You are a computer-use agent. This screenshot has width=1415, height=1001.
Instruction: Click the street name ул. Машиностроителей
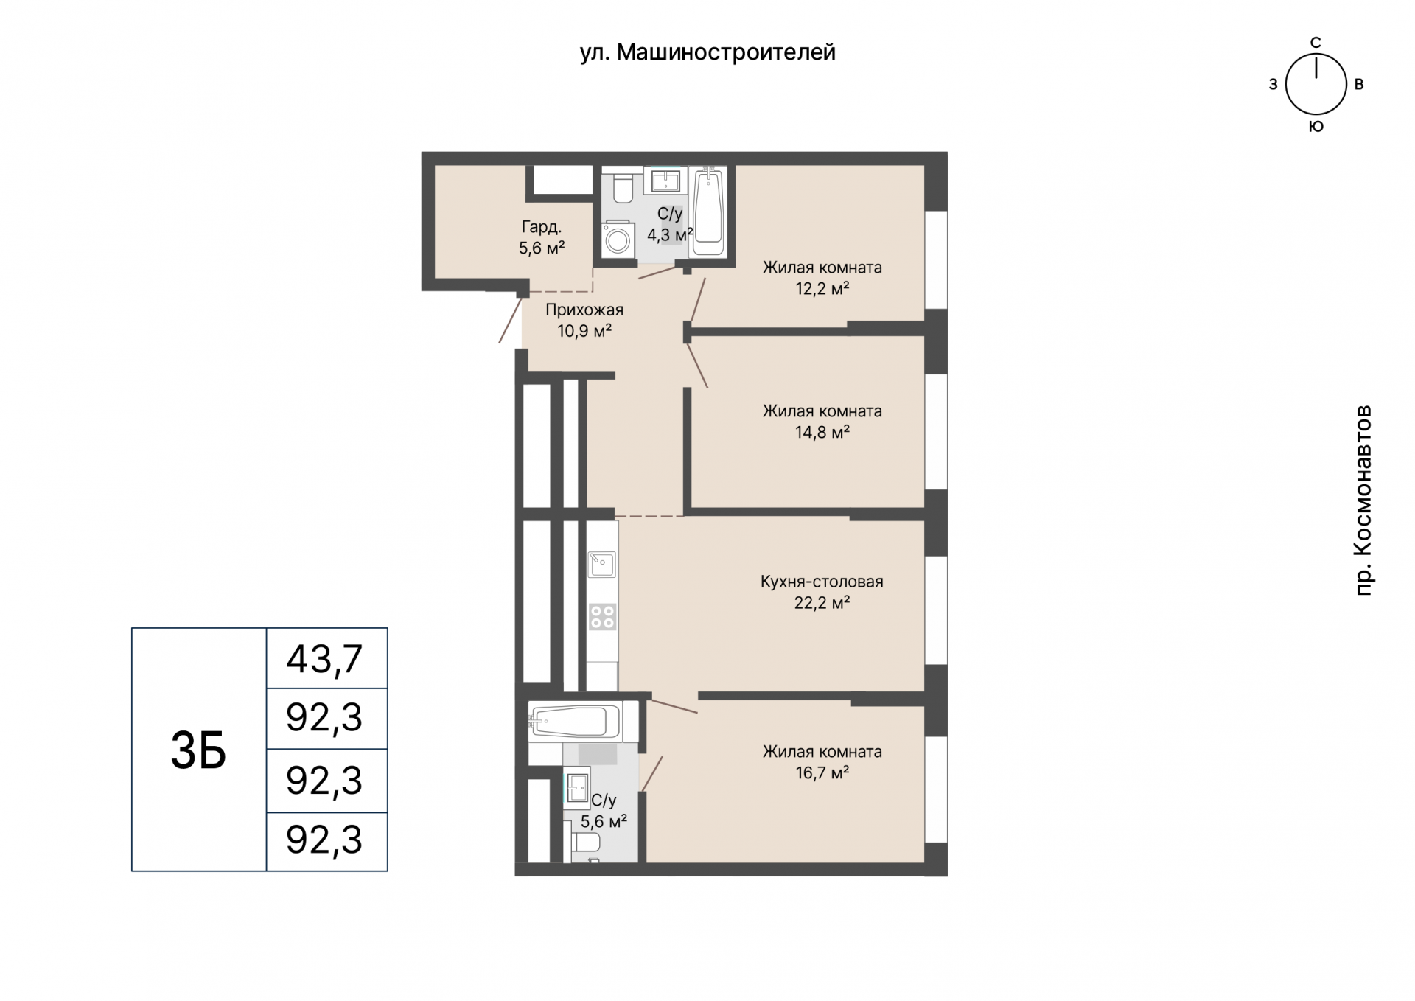tap(707, 52)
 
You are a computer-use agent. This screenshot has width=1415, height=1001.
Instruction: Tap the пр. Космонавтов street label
tap(1364, 500)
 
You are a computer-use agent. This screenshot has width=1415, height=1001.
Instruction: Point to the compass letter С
tap(1316, 43)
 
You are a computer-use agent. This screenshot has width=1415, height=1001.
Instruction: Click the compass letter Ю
tap(1316, 126)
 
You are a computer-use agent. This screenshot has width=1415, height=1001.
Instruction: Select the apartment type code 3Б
tap(198, 750)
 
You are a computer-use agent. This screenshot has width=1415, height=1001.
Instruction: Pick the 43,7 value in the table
tap(324, 658)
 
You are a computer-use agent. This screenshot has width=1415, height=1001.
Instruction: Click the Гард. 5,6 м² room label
tap(542, 237)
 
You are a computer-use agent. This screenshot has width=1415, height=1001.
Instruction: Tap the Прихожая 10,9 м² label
tap(584, 320)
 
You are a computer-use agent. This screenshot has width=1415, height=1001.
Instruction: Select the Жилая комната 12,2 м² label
tap(822, 277)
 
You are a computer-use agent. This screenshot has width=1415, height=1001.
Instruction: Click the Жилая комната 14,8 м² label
tap(822, 421)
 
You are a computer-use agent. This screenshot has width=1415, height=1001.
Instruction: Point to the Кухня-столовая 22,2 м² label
tap(822, 592)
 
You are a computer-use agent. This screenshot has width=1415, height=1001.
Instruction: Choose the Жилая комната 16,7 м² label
tap(822, 761)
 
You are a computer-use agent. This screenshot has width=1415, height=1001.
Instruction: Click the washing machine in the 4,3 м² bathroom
tap(618, 239)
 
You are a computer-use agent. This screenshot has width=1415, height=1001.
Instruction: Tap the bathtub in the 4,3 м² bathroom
tap(708, 212)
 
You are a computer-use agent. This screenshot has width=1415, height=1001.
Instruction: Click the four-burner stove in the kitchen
tap(602, 617)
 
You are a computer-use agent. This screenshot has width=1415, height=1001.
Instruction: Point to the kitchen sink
tap(602, 565)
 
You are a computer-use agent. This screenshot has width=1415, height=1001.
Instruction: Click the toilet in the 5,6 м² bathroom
tap(586, 841)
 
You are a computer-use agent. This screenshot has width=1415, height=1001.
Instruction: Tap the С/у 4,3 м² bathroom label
tap(670, 224)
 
